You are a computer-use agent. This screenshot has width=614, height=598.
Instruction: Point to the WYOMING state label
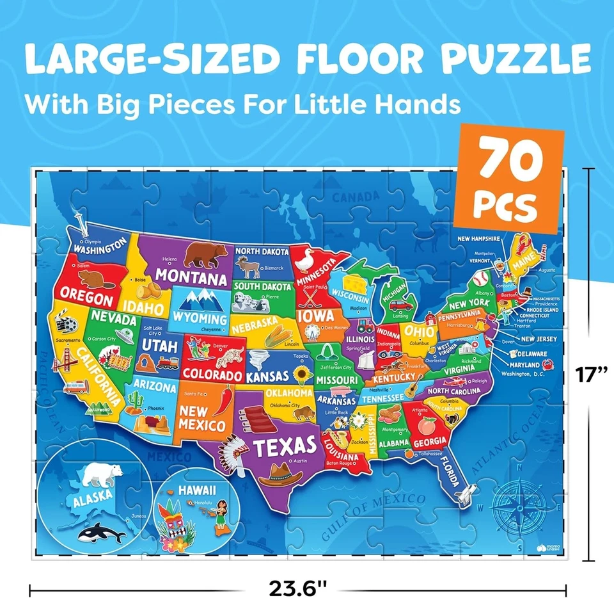[200, 318]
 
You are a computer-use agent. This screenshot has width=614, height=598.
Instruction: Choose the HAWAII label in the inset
[197, 490]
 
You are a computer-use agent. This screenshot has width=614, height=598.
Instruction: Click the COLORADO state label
[212, 373]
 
